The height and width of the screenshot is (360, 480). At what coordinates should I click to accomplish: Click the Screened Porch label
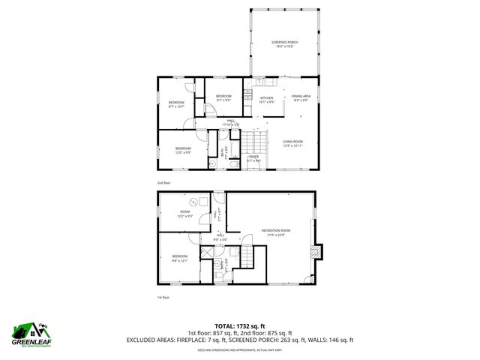click(x=285, y=44)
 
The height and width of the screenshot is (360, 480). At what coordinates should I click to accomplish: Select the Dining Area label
click(x=301, y=98)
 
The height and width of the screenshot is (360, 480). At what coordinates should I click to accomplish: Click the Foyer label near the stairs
click(x=253, y=158)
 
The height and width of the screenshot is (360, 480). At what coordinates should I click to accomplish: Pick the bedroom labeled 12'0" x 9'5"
click(x=183, y=150)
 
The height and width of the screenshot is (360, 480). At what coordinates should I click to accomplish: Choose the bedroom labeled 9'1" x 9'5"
click(x=223, y=98)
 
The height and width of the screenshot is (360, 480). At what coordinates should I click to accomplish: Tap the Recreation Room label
click(x=275, y=232)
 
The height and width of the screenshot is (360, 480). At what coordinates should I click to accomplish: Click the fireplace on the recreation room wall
click(x=321, y=253)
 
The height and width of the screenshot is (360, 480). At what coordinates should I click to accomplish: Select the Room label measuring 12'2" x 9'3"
click(x=185, y=214)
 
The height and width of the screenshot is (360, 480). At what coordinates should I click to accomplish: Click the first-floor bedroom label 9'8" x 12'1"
click(x=179, y=259)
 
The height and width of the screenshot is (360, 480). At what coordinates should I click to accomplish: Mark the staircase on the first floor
click(x=246, y=256)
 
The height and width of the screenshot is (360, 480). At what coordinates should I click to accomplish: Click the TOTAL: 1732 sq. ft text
click(x=240, y=325)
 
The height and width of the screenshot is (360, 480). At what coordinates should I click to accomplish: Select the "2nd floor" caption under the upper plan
click(x=163, y=182)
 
